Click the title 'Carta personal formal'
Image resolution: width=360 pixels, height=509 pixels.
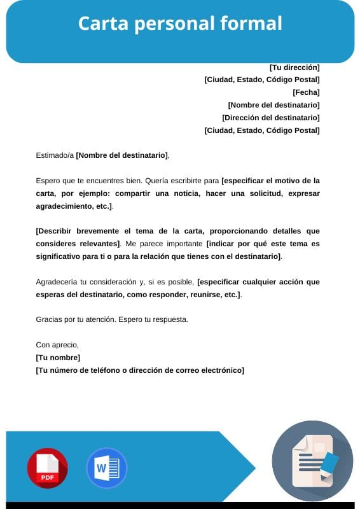coord(180,24)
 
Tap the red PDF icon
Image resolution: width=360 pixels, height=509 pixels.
coord(47,468)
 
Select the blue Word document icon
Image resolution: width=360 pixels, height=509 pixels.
coord(106,468)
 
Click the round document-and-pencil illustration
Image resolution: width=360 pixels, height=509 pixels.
coord(312,461)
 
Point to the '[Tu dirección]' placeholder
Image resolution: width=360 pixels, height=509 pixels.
coord(294,67)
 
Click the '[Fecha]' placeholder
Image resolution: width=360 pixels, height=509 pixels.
coord(306,92)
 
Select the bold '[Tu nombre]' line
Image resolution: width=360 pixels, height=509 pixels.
coord(58,358)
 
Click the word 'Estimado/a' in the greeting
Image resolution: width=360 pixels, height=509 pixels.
coord(55,155)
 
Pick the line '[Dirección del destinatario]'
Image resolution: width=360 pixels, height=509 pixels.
coord(271,118)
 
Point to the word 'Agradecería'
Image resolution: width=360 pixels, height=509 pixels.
coord(59,281)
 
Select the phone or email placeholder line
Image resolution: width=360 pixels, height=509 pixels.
coord(140,370)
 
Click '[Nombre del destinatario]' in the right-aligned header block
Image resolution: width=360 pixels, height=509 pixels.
coord(273,105)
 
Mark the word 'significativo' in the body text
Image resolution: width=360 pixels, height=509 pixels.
coord(59,256)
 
